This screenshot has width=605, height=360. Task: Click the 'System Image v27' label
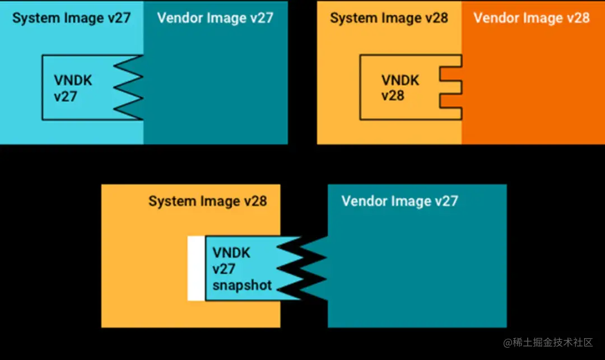(x=71, y=18)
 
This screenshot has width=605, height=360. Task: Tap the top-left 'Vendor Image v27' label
(x=215, y=18)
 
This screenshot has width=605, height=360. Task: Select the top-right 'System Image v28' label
(x=389, y=18)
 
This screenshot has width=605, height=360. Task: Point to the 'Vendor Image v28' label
(x=532, y=18)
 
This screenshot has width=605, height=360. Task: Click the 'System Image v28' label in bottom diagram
(x=207, y=201)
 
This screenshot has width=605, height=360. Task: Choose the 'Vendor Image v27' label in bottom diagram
(x=399, y=201)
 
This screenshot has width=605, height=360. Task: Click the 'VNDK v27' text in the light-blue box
(x=73, y=88)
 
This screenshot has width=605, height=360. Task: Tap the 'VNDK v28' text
(x=400, y=87)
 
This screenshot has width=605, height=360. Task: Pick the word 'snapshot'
(x=242, y=285)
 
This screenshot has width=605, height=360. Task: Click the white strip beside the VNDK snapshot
(x=196, y=268)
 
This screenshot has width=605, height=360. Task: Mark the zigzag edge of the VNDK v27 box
(x=129, y=87)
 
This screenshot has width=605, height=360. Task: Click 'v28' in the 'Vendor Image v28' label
(x=577, y=18)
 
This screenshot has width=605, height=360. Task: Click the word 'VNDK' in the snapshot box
(x=231, y=253)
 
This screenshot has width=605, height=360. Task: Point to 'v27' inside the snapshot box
(x=224, y=269)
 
